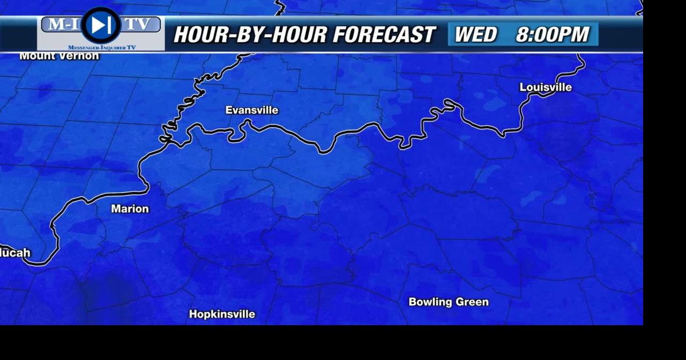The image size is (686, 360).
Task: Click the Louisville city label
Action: click(546, 87)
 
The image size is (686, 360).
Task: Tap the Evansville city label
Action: click(252, 110)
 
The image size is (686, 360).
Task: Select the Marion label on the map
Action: click(130, 209)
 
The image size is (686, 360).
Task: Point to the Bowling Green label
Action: click(449, 302)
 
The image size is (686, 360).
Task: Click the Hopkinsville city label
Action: click(222, 314)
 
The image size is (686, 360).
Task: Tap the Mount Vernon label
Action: click(59, 56)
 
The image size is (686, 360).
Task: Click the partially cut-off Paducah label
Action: click(15, 253)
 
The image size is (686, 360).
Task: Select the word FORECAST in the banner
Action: click(384, 35)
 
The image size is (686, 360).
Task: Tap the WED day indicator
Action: click(475, 35)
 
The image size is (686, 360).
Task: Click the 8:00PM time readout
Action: click(552, 35)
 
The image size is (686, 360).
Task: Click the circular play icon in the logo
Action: click(101, 25)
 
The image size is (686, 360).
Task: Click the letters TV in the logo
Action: click(138, 25)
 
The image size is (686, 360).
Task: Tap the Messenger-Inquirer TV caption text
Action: click(102, 48)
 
